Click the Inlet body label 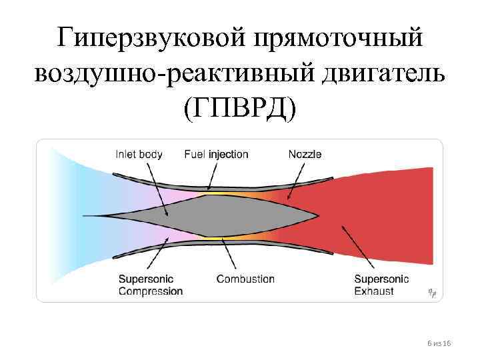coord(139,155)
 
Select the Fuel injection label coord(216,155)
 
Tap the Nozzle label coord(305,155)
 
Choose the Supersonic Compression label coord(150,285)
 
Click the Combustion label coord(245,279)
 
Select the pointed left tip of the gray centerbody coord(105,215)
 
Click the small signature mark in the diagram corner coord(431,292)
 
